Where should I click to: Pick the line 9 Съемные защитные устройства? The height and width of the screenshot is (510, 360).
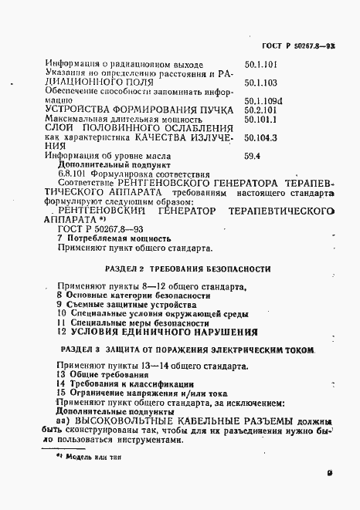tap(113, 305)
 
